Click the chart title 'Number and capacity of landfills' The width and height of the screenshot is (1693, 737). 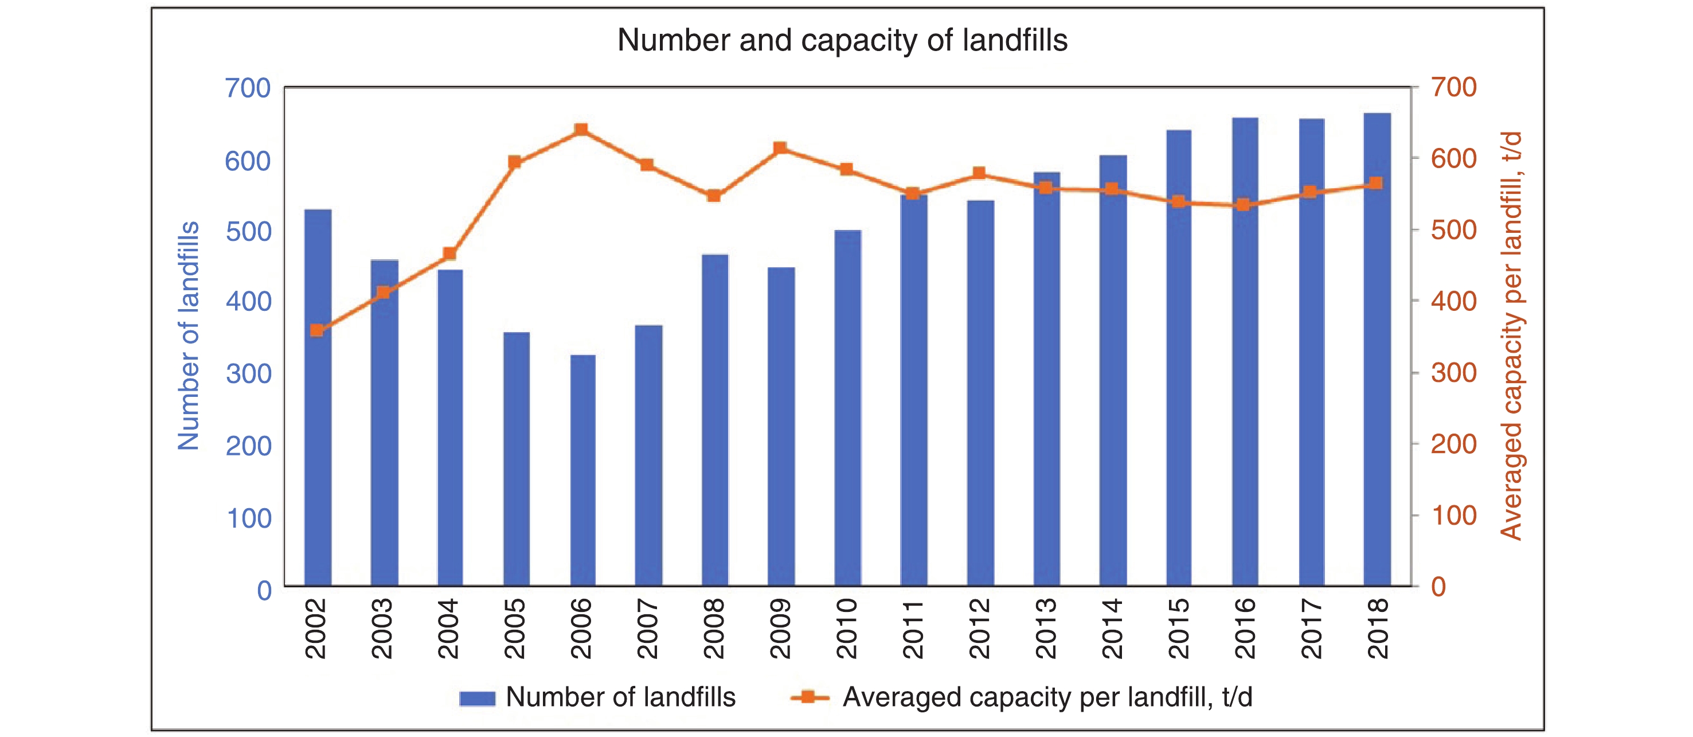click(842, 41)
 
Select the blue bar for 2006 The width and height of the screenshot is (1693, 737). click(582, 470)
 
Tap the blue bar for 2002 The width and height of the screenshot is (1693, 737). click(318, 398)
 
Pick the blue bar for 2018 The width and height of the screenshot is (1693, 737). click(1377, 349)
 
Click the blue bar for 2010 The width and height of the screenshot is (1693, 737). click(847, 408)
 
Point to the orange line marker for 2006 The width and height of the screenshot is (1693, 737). click(581, 130)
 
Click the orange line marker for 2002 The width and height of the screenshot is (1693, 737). click(317, 330)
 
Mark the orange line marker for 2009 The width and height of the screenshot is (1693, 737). click(780, 148)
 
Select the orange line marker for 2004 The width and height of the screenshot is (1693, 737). click(449, 254)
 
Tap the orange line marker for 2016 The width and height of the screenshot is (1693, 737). click(1243, 204)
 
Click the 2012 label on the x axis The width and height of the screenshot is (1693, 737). click(979, 629)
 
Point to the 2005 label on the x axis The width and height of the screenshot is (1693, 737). click(515, 629)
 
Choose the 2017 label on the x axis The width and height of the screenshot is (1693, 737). click(1311, 629)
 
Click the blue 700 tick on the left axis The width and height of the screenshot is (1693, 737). click(248, 88)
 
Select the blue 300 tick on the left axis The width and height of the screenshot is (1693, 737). click(248, 373)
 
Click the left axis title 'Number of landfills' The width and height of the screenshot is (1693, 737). click(189, 336)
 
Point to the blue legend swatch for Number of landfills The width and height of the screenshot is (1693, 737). click(477, 698)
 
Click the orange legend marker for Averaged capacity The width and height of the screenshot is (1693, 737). click(809, 697)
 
